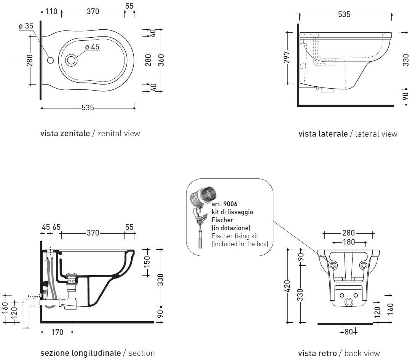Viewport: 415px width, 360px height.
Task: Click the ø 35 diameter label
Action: tap(26, 26)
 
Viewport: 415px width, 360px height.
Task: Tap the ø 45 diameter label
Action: tap(92, 47)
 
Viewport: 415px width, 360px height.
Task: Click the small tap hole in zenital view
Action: tap(50, 60)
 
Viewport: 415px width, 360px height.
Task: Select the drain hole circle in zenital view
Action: tap(71, 60)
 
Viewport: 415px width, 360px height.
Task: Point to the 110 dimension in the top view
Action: tap(51, 11)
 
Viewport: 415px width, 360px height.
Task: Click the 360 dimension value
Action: tap(161, 60)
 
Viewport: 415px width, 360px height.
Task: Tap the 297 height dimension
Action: tap(287, 57)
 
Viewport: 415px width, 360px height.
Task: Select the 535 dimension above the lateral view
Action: tap(344, 15)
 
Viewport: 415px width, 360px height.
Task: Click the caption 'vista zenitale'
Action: tap(65, 134)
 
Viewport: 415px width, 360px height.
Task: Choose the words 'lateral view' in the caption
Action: tap(376, 134)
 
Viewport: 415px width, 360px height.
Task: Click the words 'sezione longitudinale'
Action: tap(80, 353)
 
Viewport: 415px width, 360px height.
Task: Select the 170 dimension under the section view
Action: tap(57, 332)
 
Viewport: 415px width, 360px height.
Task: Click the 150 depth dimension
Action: tap(147, 261)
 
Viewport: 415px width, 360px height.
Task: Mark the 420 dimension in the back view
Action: tap(287, 285)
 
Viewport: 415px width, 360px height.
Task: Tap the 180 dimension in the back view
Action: tap(348, 242)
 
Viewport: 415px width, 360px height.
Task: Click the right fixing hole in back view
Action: tap(364, 265)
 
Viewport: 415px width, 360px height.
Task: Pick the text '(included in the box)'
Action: tap(240, 244)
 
